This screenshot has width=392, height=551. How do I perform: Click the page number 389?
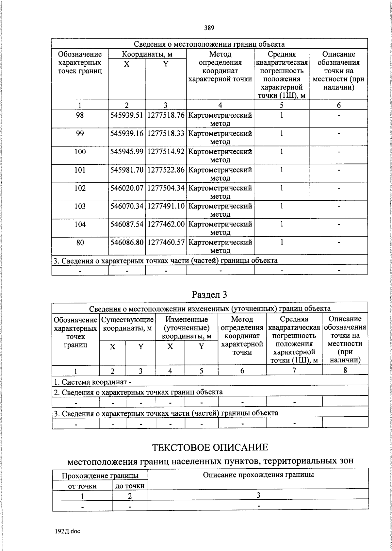pyautogui.click(x=209, y=28)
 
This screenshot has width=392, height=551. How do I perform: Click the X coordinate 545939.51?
pyautogui.click(x=127, y=115)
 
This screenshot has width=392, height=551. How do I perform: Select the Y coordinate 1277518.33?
pyautogui.click(x=166, y=134)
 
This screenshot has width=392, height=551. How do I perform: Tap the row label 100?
pyautogui.click(x=80, y=152)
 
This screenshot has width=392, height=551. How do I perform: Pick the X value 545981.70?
pyautogui.click(x=127, y=170)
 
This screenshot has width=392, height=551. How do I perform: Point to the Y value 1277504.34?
pyautogui.click(x=166, y=188)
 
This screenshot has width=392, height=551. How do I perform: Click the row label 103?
pyautogui.click(x=80, y=206)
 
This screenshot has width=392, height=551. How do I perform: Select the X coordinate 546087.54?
pyautogui.click(x=127, y=225)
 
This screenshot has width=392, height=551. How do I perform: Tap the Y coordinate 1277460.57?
pyautogui.click(x=166, y=242)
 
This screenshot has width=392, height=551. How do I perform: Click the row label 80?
pyautogui.click(x=80, y=242)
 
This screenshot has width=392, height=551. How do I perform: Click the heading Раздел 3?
pyautogui.click(x=209, y=294)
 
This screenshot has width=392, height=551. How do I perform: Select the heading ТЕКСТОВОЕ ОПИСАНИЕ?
pyautogui.click(x=210, y=447)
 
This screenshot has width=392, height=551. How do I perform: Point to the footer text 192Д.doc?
pyautogui.click(x=67, y=531)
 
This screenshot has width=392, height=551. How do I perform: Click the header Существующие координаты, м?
pyautogui.click(x=127, y=324)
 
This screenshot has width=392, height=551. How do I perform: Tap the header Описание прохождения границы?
pyautogui.click(x=258, y=475)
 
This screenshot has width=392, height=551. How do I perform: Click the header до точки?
pyautogui.click(x=130, y=486)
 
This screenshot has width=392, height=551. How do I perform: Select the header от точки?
pyautogui.click(x=82, y=486)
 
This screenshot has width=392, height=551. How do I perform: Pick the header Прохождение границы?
pyautogui.click(x=100, y=476)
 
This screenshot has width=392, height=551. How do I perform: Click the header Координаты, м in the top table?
pyautogui.click(x=147, y=54)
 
